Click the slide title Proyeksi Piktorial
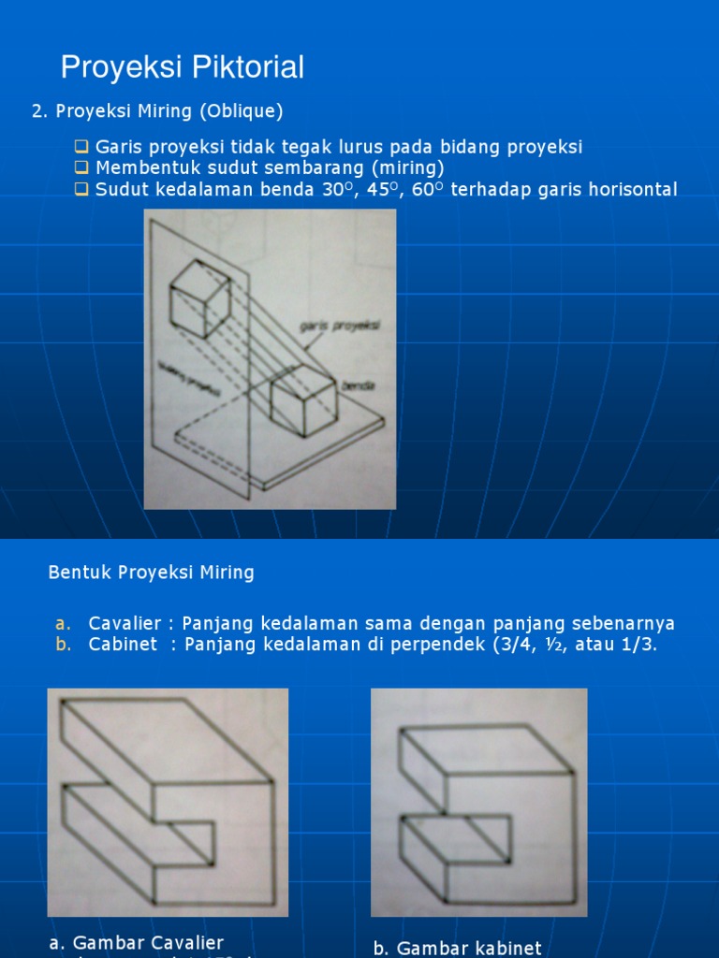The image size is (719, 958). tap(183, 67)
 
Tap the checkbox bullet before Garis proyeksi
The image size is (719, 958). tap(81, 147)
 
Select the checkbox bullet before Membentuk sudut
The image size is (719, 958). tap(81, 168)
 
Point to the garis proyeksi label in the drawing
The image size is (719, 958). tap(332, 326)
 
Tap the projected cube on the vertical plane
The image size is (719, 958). tap(199, 298)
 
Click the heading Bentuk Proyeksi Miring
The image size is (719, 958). tap(151, 573)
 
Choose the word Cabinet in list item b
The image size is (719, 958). tap(123, 645)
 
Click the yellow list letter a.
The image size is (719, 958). tap(62, 624)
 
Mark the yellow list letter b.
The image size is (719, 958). tap(62, 645)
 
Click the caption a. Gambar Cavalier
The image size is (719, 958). tap(136, 942)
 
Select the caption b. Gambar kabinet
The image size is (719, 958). tap(457, 948)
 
